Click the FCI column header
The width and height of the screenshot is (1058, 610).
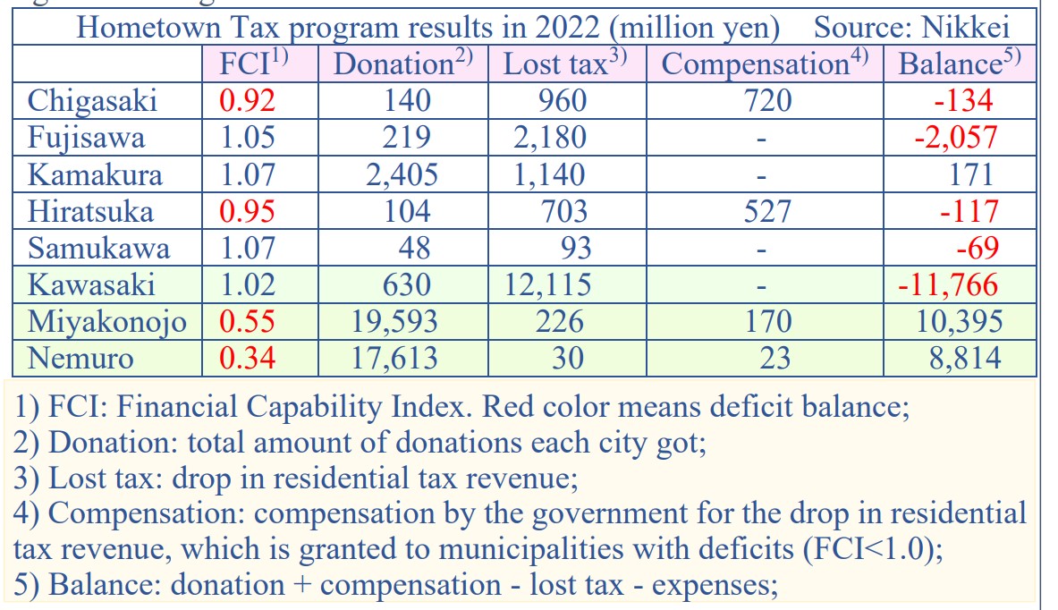click(x=254, y=64)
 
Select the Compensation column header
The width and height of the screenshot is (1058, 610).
click(x=765, y=64)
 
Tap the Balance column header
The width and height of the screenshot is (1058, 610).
click(x=960, y=64)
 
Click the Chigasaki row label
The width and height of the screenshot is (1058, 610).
click(x=92, y=101)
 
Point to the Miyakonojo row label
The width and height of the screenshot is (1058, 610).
click(x=107, y=322)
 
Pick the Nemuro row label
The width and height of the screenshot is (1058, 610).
click(x=80, y=358)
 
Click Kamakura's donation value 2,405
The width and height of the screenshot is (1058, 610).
click(x=402, y=174)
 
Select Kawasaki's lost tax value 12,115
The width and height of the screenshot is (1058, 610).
click(x=548, y=284)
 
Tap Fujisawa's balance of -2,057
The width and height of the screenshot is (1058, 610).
click(x=955, y=138)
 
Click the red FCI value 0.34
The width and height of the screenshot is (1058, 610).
click(x=247, y=358)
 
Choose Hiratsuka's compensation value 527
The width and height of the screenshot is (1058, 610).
click(x=767, y=211)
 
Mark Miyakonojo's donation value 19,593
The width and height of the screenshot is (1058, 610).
click(x=394, y=321)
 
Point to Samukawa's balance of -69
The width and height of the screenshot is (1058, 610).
click(x=977, y=248)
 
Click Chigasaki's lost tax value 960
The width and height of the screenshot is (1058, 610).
click(x=563, y=101)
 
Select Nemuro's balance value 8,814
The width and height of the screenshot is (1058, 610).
click(x=965, y=358)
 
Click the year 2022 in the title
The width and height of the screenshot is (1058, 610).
click(x=568, y=28)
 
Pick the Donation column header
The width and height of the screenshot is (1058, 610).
click(x=402, y=64)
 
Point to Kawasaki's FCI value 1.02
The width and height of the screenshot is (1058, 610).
click(x=248, y=284)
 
